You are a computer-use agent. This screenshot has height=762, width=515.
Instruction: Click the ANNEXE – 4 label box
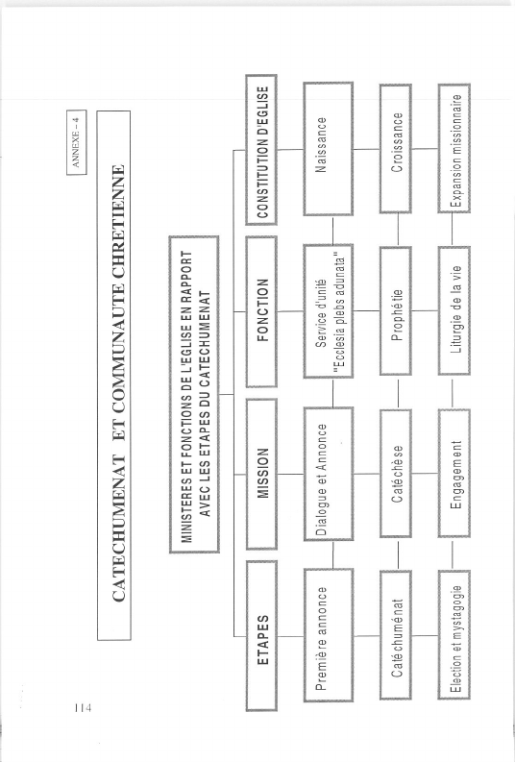tap(77, 142)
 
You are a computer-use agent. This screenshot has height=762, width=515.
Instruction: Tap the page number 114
tap(83, 707)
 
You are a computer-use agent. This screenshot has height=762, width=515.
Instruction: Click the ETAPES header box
tap(261, 636)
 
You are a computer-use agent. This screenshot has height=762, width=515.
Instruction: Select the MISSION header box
tap(261, 474)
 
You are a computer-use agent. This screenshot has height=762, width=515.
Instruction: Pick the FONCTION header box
tap(261, 311)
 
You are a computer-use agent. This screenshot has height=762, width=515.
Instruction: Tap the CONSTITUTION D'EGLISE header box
tap(261, 150)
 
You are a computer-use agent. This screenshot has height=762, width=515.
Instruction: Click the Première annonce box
tap(329, 635)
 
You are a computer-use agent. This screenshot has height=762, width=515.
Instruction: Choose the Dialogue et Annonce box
tap(329, 474)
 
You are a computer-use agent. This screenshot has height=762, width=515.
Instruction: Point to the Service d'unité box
tap(329, 311)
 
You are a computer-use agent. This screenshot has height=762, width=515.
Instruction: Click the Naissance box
tap(329, 149)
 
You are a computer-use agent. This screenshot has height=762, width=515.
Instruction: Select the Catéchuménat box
tap(396, 635)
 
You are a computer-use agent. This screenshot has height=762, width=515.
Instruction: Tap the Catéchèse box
tap(396, 474)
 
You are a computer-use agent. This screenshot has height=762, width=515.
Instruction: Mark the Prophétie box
tap(396, 311)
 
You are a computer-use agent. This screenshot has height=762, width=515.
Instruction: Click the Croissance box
tap(396, 149)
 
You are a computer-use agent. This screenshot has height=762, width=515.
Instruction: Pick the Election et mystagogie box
tap(454, 635)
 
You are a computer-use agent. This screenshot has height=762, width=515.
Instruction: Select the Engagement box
tap(454, 474)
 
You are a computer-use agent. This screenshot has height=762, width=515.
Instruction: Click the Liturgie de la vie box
tap(454, 311)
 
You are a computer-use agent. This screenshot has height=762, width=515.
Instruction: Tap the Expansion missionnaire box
tap(454, 149)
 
